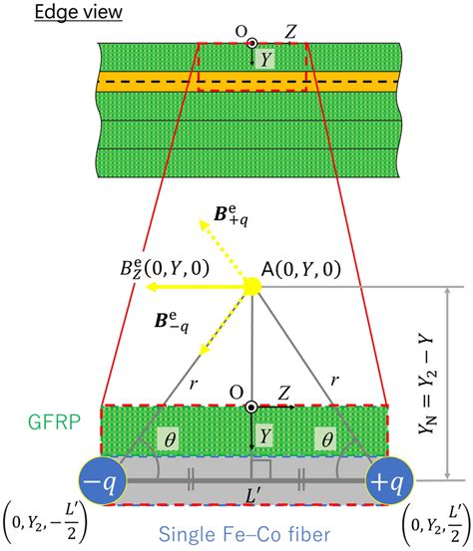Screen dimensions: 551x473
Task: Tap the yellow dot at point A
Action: (252, 286)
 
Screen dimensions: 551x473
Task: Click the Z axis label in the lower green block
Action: (282, 394)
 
